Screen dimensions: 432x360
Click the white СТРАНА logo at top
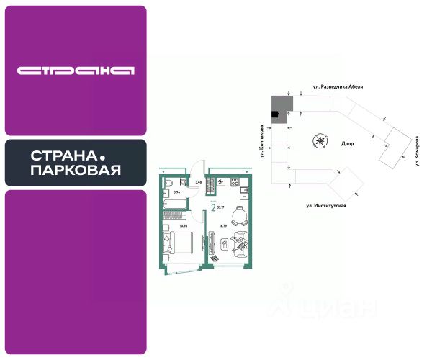click(x=76, y=71)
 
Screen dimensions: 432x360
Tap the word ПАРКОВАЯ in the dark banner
click(x=76, y=170)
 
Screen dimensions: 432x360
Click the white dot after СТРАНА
click(x=102, y=156)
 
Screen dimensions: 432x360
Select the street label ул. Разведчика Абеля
click(x=338, y=86)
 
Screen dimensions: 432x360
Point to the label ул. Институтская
click(x=326, y=206)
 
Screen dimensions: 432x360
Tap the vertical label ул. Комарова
click(x=418, y=151)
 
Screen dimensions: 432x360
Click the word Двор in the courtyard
click(x=348, y=143)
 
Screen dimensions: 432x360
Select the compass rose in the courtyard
click(x=318, y=140)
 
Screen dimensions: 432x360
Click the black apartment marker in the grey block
click(x=274, y=113)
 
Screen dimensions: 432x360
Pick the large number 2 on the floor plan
click(x=214, y=210)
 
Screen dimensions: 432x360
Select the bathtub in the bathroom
click(x=173, y=210)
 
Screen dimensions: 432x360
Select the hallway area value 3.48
click(x=199, y=182)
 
